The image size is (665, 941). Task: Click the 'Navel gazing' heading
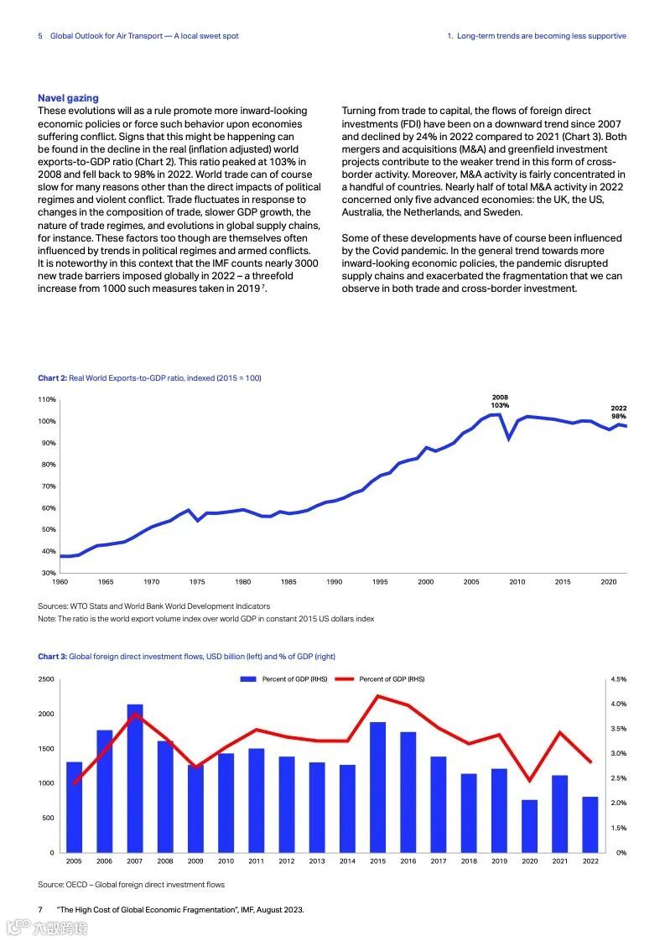pyautogui.click(x=68, y=98)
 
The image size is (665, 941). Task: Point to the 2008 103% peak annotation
pyautogui.click(x=500, y=401)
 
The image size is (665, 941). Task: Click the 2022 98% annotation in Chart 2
pyautogui.click(x=618, y=412)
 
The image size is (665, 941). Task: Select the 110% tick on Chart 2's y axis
pyautogui.click(x=47, y=399)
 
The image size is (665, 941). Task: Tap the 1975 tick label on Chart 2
pyautogui.click(x=197, y=581)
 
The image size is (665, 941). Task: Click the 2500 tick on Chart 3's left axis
pyautogui.click(x=47, y=678)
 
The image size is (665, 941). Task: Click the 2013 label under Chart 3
pyautogui.click(x=317, y=861)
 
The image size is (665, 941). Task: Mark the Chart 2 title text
pyautogui.click(x=149, y=378)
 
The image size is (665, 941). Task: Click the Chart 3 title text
pyautogui.click(x=186, y=656)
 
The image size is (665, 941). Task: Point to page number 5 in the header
pyautogui.click(x=40, y=36)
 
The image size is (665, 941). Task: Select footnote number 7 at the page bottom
pyautogui.click(x=40, y=909)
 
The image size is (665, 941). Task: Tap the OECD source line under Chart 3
pyautogui.click(x=131, y=884)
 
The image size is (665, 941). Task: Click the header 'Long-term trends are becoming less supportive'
pyautogui.click(x=541, y=36)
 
